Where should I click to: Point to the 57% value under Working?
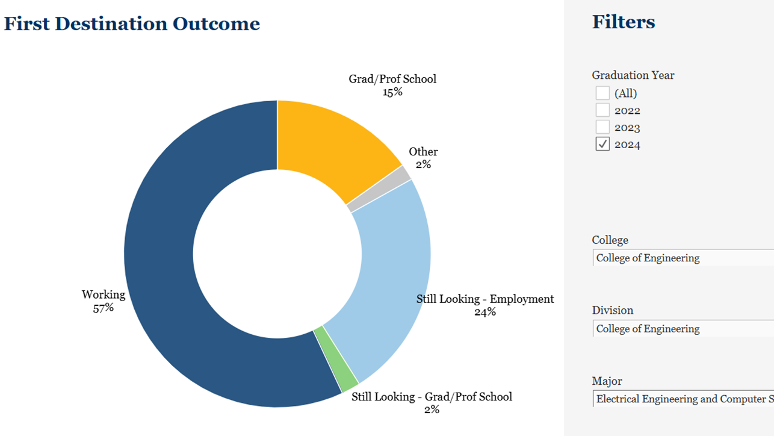(x=104, y=308)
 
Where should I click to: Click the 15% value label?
(x=392, y=92)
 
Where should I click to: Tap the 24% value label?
(x=485, y=312)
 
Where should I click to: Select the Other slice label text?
(x=423, y=152)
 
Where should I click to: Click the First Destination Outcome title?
(x=132, y=24)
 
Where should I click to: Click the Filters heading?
(x=624, y=22)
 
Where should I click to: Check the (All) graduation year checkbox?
(x=602, y=93)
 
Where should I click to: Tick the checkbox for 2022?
(x=602, y=110)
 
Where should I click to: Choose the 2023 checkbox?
(x=602, y=127)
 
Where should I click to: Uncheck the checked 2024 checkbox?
(x=602, y=144)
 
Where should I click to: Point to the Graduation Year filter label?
(x=633, y=75)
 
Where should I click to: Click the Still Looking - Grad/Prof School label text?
(x=432, y=397)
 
